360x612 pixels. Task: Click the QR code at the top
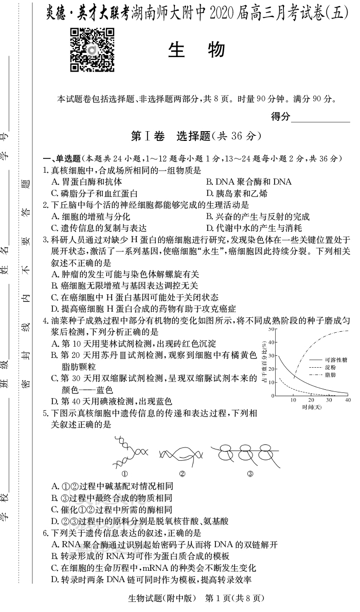92,50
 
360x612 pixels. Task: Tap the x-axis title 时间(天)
312,407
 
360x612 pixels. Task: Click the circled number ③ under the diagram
250,473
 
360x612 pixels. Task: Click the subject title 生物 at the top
196,50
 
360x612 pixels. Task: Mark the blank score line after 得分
320,118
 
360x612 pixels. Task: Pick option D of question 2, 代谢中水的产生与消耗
254,228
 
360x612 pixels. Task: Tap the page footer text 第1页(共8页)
234,598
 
